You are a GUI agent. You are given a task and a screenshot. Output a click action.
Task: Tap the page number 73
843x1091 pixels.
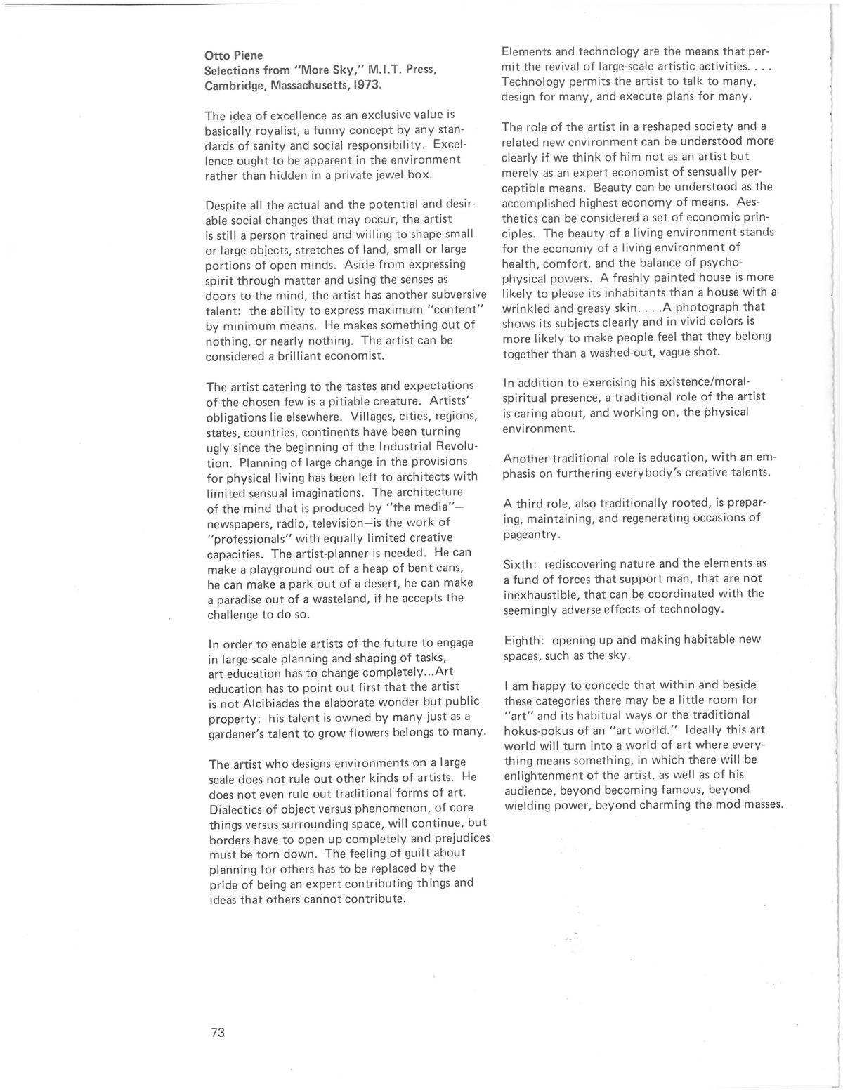[217, 1032]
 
